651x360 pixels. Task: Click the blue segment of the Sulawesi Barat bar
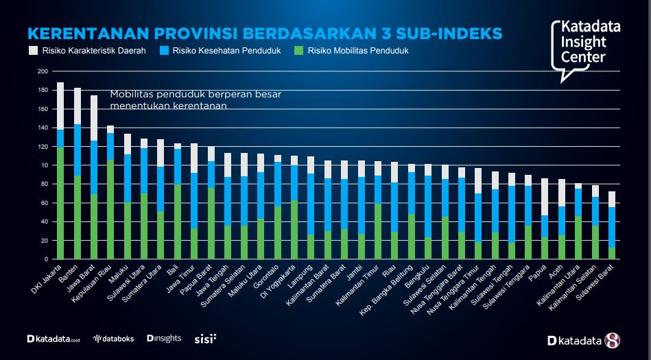pyautogui.click(x=612, y=227)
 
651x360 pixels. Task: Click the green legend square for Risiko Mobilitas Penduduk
pyautogui.click(x=298, y=51)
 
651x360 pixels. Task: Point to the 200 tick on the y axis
pyautogui.click(x=43, y=71)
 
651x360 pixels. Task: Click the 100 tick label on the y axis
pyautogui.click(x=43, y=165)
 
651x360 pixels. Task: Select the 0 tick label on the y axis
pyautogui.click(x=46, y=259)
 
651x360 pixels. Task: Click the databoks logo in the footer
pyautogui.click(x=113, y=339)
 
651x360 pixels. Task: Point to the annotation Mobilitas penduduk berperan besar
pyautogui.click(x=196, y=94)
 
